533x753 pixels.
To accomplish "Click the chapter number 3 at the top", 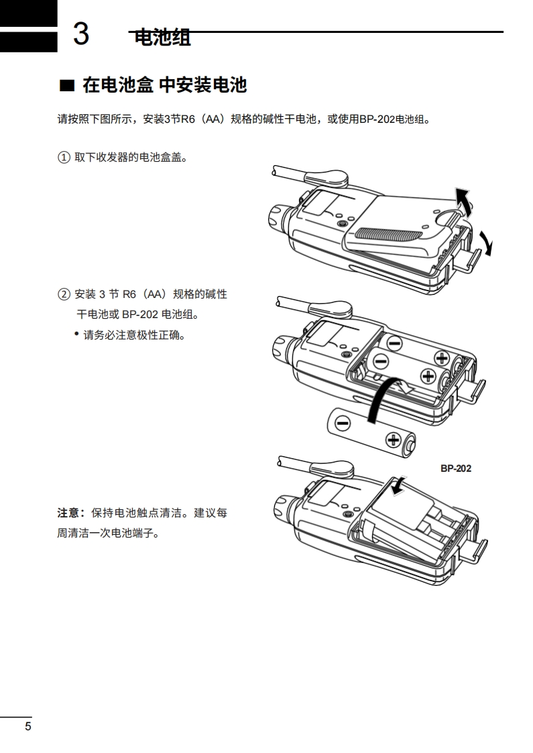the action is (x=81, y=34).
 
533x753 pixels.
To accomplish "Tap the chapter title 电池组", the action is (x=163, y=38).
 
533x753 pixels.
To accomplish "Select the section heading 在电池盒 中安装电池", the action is (x=164, y=85).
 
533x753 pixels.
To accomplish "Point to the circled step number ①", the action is (x=64, y=158).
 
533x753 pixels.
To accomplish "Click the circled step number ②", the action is (x=64, y=294).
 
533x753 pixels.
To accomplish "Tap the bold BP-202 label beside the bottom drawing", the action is (x=455, y=468).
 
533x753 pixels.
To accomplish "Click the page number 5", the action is (x=27, y=726).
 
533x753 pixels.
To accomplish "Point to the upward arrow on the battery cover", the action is (x=462, y=199).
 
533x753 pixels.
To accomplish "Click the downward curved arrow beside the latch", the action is (x=487, y=242).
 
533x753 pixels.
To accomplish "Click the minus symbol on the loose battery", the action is (x=343, y=423).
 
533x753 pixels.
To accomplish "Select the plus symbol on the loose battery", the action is (x=393, y=440).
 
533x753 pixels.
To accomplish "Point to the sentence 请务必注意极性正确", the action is (x=134, y=334).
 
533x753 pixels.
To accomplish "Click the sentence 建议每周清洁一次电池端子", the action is (x=142, y=524).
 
